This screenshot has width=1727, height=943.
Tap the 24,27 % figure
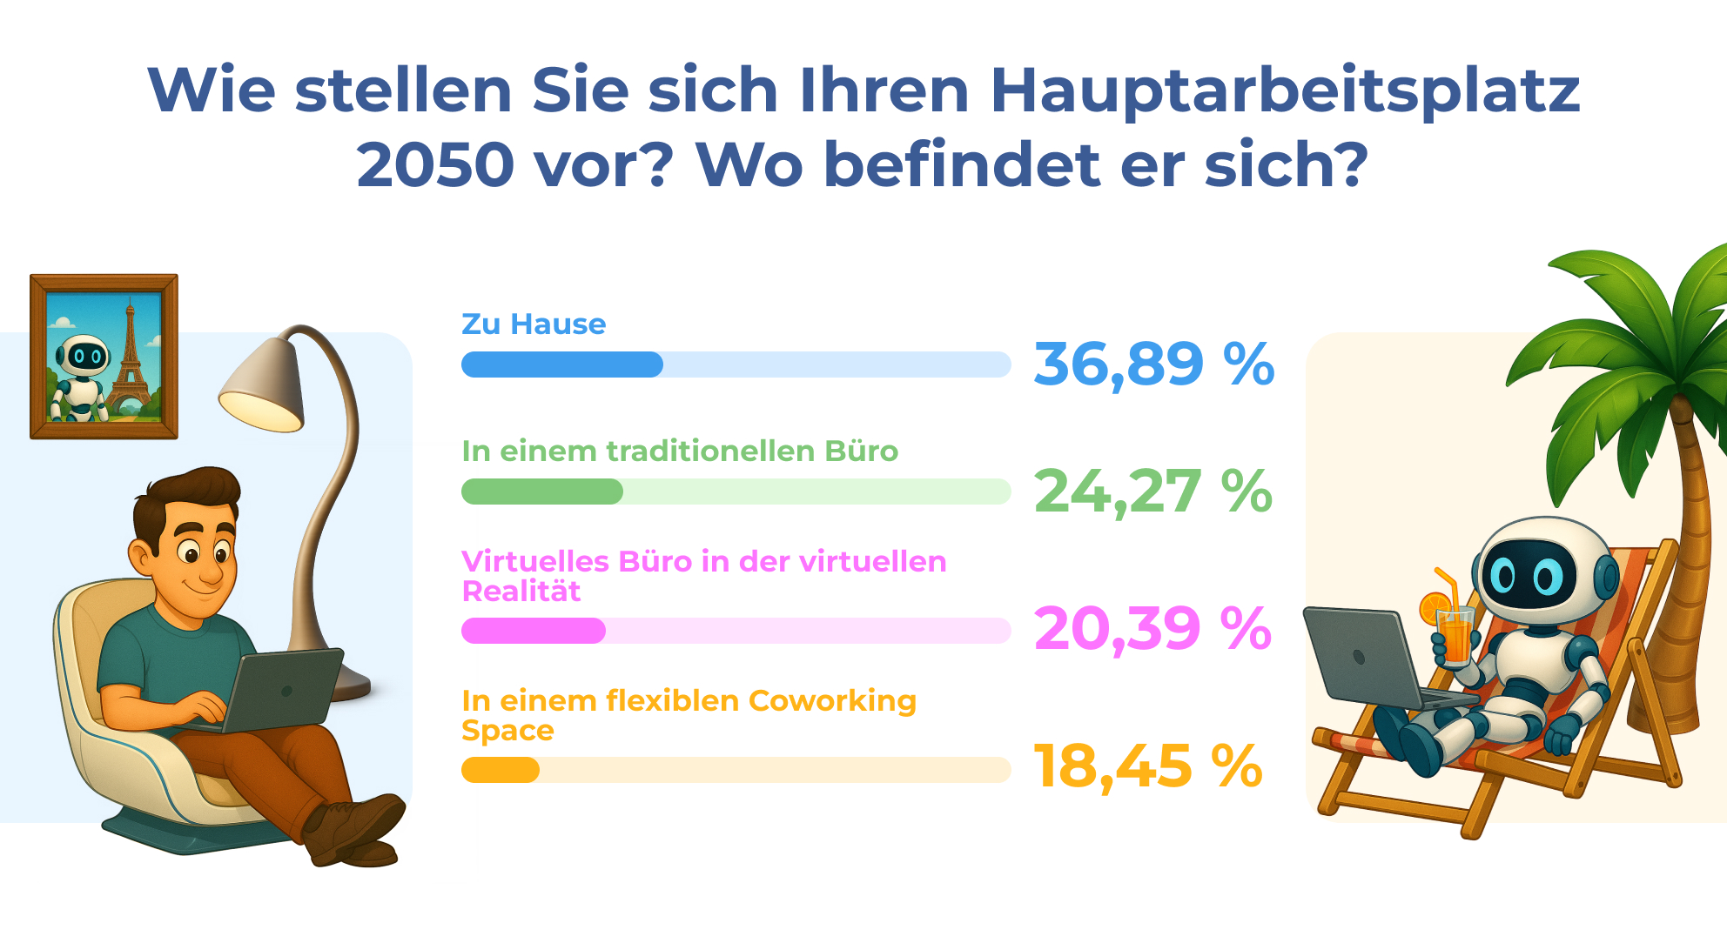click(x=1152, y=492)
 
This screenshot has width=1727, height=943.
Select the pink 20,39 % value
click(x=1152, y=628)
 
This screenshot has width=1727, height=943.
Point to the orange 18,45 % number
click(x=1147, y=766)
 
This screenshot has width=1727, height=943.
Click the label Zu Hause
click(x=533, y=324)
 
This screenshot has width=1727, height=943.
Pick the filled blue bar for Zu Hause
click(x=561, y=364)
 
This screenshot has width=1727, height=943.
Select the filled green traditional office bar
click(x=541, y=492)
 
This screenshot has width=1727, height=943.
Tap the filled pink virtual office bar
click(x=533, y=631)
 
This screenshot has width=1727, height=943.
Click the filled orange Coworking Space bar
click(x=500, y=770)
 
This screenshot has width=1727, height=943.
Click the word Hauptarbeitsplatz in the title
click(x=1285, y=90)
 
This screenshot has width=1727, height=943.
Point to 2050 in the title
click(x=435, y=165)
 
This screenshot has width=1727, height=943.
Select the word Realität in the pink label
click(x=521, y=592)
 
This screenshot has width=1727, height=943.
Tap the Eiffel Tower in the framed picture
click(x=130, y=357)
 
